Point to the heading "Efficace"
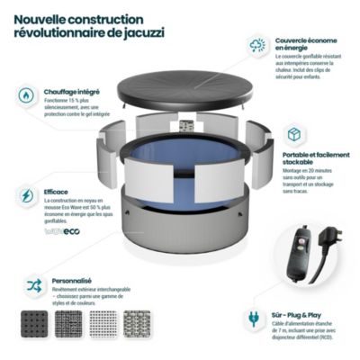[55, 192]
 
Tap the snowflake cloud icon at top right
[258, 44]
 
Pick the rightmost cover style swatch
[139, 324]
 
